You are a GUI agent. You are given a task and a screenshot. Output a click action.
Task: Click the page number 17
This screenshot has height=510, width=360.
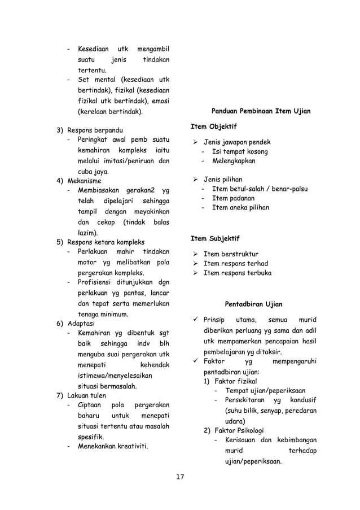click(x=180, y=478)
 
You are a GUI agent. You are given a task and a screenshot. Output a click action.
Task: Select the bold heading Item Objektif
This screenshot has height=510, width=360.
click(x=212, y=125)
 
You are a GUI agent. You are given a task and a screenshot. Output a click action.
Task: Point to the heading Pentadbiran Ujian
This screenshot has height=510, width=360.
click(x=254, y=304)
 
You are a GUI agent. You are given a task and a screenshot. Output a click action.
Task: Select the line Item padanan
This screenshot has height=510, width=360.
click(x=232, y=198)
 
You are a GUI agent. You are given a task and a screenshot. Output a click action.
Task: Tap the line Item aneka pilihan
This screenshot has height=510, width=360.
click(x=240, y=208)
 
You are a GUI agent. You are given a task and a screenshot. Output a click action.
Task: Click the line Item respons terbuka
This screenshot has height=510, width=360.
click(x=237, y=273)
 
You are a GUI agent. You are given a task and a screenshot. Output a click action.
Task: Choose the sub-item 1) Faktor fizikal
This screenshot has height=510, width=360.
click(x=231, y=381)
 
